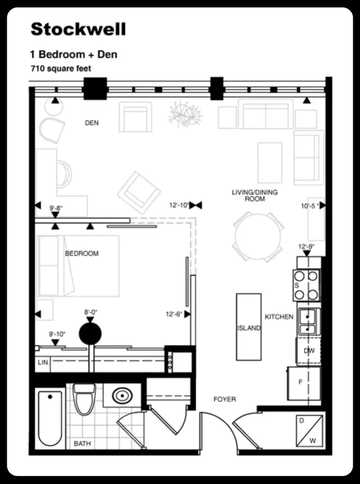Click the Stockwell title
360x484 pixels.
click(x=78, y=29)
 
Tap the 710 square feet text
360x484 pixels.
click(x=61, y=69)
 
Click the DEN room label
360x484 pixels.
click(x=91, y=123)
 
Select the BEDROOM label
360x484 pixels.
click(x=82, y=254)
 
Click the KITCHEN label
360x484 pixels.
click(x=279, y=317)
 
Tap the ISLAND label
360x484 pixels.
click(x=249, y=328)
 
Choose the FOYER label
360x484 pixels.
click(x=224, y=400)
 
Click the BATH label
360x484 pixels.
click(x=82, y=444)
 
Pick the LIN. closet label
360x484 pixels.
click(x=43, y=363)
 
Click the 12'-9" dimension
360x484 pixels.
click(x=307, y=246)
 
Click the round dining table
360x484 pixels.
click(x=258, y=236)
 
